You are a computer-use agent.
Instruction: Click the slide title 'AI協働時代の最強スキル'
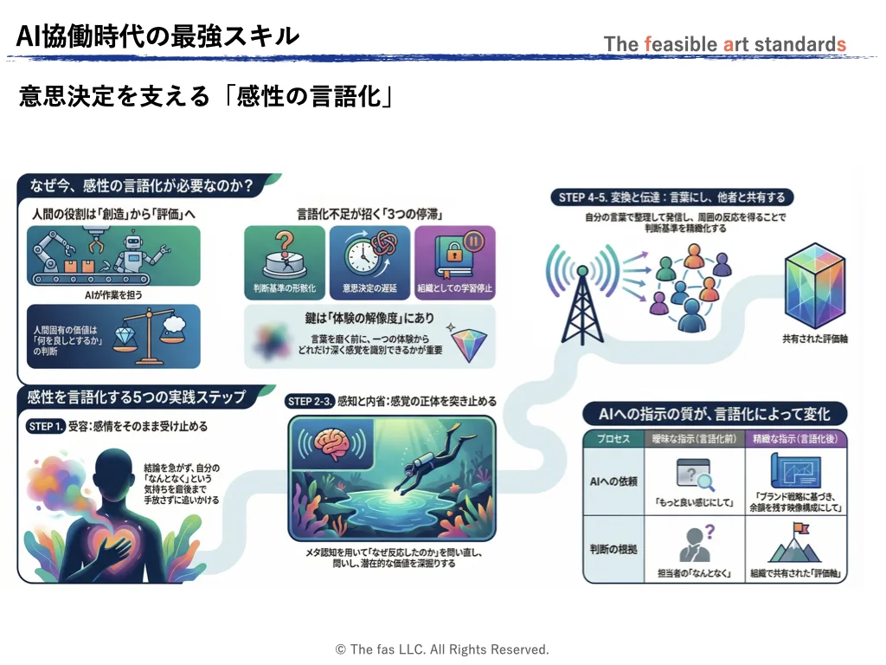point(158,36)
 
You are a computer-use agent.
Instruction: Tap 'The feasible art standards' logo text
point(724,44)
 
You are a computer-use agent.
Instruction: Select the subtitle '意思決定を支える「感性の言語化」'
point(206,96)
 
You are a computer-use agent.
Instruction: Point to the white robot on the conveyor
point(138,252)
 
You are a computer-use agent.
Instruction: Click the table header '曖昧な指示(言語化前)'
point(695,438)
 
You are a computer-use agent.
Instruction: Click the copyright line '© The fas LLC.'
point(442,649)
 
